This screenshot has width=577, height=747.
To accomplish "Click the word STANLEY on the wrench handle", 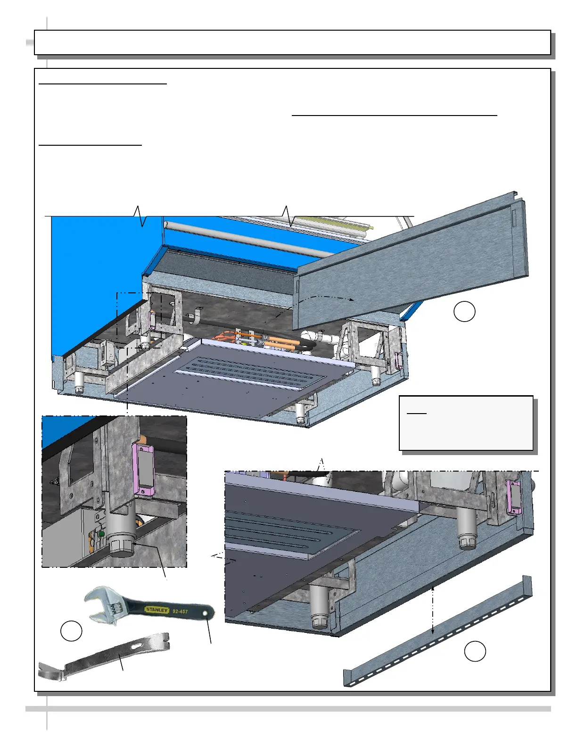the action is pos(157,610).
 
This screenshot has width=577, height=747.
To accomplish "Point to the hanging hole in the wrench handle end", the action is pos(205,613).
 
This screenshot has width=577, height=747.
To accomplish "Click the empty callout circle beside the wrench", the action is pos(71,631).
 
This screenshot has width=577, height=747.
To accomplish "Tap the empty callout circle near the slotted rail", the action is pos(475,651).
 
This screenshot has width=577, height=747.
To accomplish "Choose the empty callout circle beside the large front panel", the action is pos(464,311).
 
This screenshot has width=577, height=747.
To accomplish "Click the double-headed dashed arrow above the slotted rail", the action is pos(433,610).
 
